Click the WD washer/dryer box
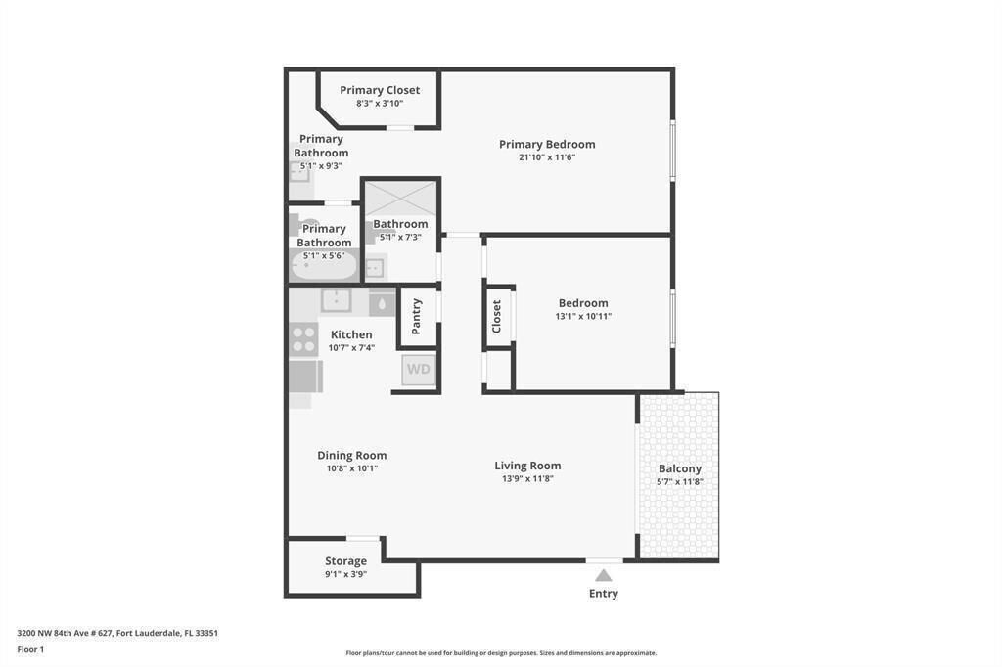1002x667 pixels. (x=418, y=370)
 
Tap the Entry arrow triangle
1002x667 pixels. (x=604, y=575)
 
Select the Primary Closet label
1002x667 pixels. (x=380, y=90)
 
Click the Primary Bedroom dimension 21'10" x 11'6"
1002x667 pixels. (x=547, y=157)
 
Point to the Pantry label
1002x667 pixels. (x=417, y=316)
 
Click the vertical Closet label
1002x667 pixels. (x=497, y=316)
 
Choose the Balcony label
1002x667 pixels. (x=679, y=468)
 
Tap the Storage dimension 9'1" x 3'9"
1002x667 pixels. (x=345, y=575)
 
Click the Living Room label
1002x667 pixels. (x=527, y=466)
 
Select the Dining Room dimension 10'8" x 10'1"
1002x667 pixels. (x=351, y=468)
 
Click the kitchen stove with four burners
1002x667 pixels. (x=304, y=339)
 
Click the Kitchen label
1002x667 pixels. (x=350, y=334)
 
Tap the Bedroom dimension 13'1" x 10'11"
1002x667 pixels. (x=583, y=317)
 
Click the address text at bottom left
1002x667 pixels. (x=117, y=633)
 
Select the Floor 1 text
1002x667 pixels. (x=30, y=649)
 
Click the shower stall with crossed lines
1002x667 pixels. (x=400, y=200)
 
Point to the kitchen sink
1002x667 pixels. (x=336, y=300)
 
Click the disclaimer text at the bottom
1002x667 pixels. (x=501, y=653)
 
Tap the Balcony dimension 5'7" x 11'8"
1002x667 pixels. (x=679, y=482)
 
